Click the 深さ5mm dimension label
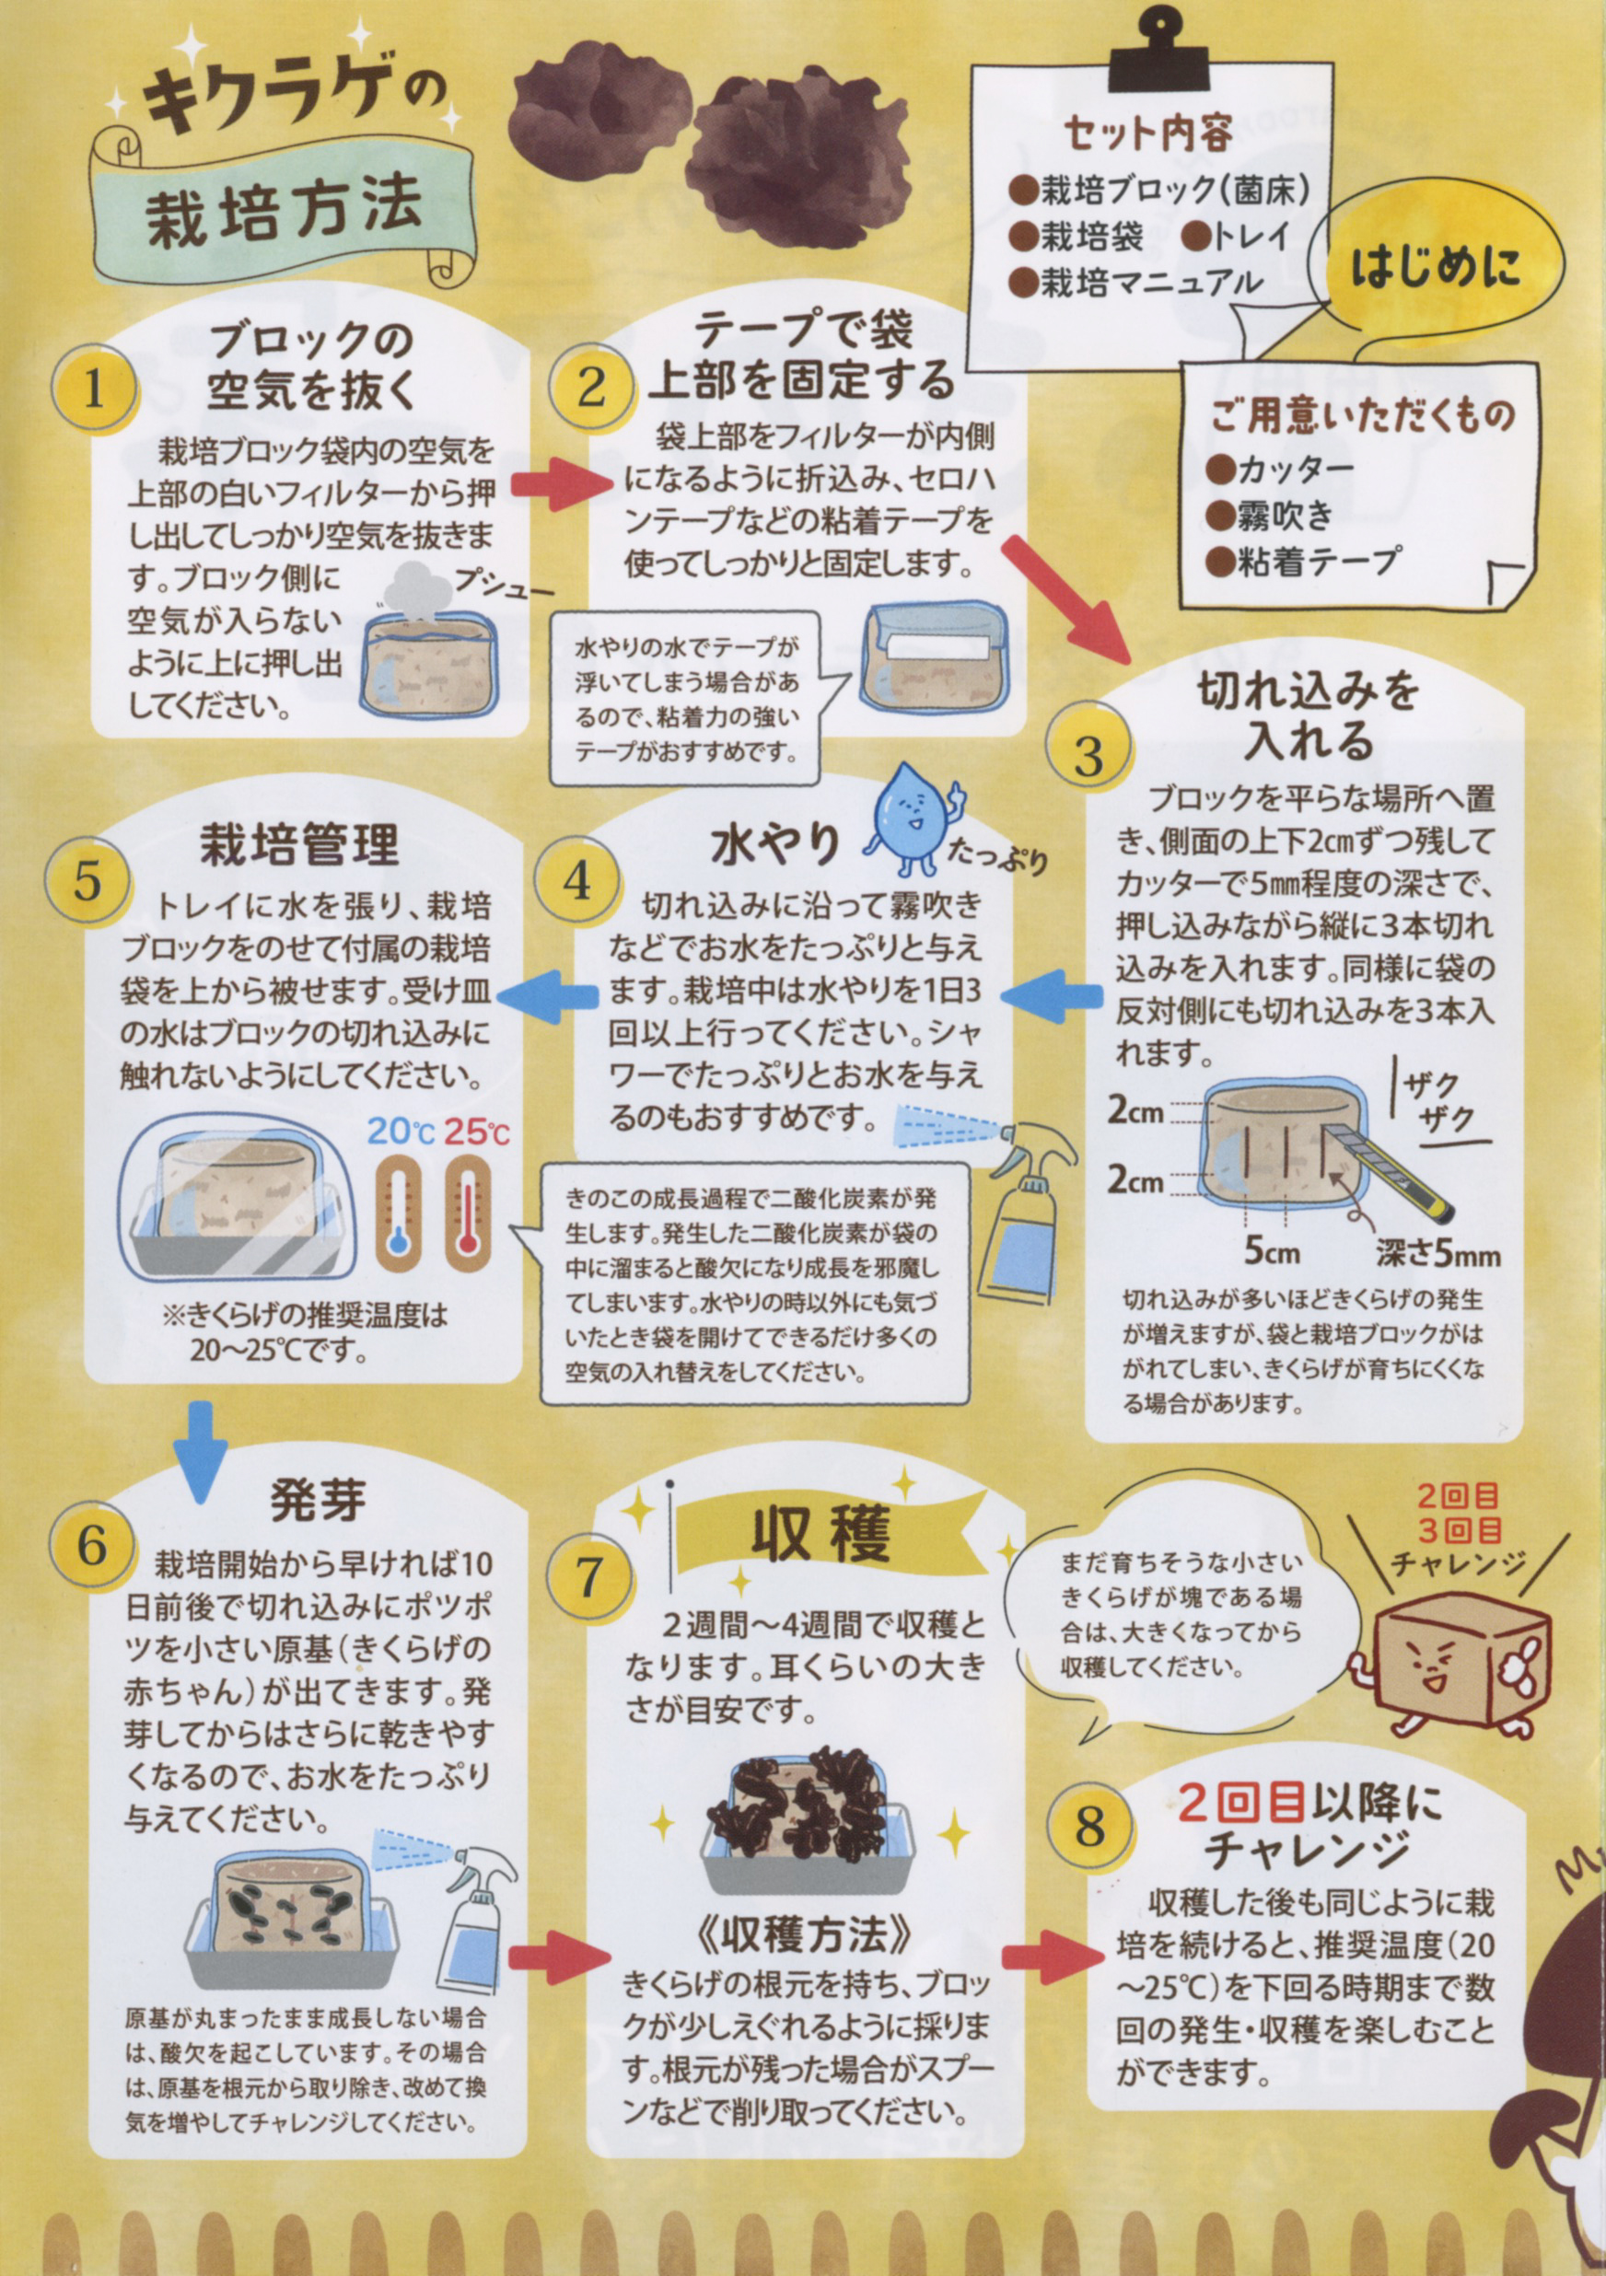point(1437,1255)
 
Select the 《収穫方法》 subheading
point(804,1928)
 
